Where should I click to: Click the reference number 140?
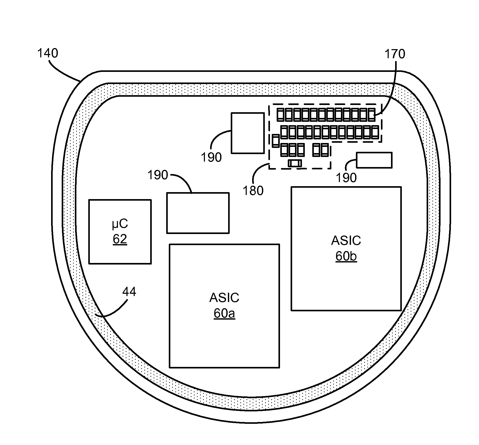48,53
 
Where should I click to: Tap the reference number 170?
395,54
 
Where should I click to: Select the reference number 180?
253,191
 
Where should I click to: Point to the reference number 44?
129,292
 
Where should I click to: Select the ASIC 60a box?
224,336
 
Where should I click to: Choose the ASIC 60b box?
346,279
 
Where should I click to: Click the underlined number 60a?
224,313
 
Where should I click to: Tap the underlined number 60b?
346,256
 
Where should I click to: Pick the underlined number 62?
120,239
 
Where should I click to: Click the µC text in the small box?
120,224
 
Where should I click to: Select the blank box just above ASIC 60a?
198,213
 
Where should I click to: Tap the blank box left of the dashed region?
248,133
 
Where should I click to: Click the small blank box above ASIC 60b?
374,160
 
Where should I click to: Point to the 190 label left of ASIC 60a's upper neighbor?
157,175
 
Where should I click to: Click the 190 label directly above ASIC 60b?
346,178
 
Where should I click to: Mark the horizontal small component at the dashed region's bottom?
295,163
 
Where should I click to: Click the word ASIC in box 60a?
224,298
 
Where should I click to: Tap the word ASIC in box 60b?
346,240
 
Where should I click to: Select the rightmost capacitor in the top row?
371,115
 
